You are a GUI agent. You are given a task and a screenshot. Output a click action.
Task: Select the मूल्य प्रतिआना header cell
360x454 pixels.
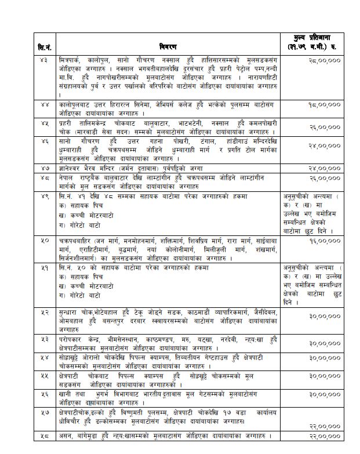pyautogui.click(x=317, y=41)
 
